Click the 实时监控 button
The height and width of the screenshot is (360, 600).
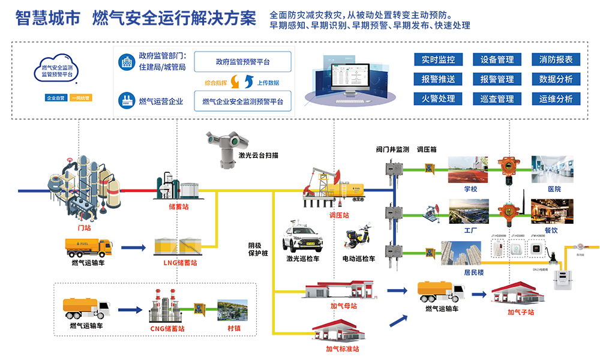pos(438,59)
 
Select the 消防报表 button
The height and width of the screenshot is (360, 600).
pos(556,59)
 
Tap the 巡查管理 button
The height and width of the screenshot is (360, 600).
pos(497,99)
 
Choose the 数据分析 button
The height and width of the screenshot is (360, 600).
pos(556,79)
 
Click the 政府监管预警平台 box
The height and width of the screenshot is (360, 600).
pos(242,62)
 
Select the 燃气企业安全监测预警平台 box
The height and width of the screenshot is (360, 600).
pos(242,101)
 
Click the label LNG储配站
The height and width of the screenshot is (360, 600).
pos(181,262)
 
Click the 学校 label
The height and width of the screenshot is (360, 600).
pos(470,189)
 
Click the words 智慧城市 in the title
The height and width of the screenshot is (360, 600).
pos(47,19)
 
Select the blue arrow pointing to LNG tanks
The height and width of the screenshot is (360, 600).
pos(134,247)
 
